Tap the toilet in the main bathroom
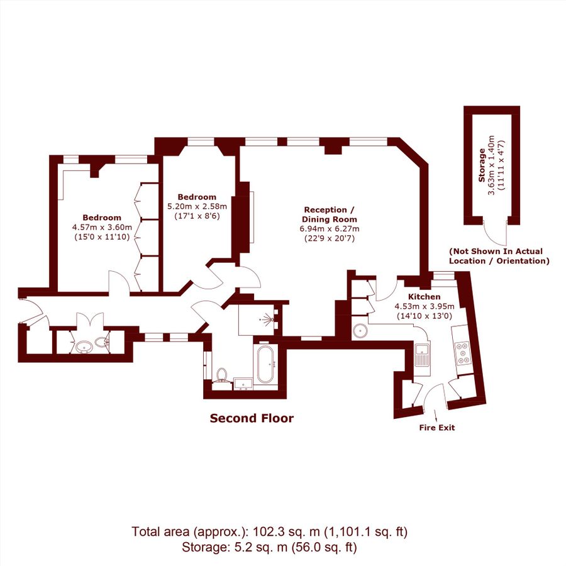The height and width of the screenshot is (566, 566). tap(221, 376)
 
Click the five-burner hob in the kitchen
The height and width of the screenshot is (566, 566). tap(465, 353)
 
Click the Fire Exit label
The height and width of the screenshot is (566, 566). tap(436, 428)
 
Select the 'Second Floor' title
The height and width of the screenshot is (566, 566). tap(252, 418)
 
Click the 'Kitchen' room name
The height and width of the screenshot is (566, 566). tap(425, 297)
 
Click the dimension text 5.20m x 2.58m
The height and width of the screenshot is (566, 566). tap(197, 206)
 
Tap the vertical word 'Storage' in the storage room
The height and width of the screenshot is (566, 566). tap(482, 165)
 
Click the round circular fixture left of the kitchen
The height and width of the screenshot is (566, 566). tap(360, 330)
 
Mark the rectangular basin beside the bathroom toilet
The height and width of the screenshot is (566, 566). tap(243, 383)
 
